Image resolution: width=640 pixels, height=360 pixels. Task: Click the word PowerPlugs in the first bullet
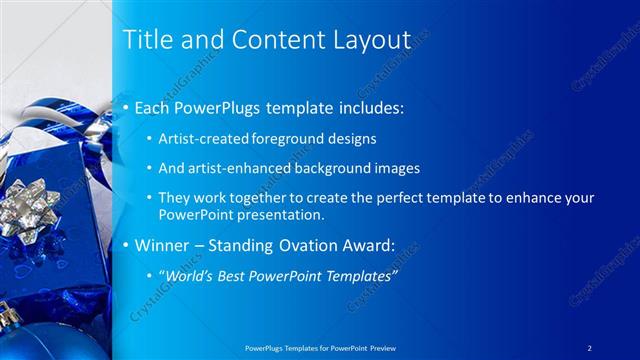click(x=213, y=107)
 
